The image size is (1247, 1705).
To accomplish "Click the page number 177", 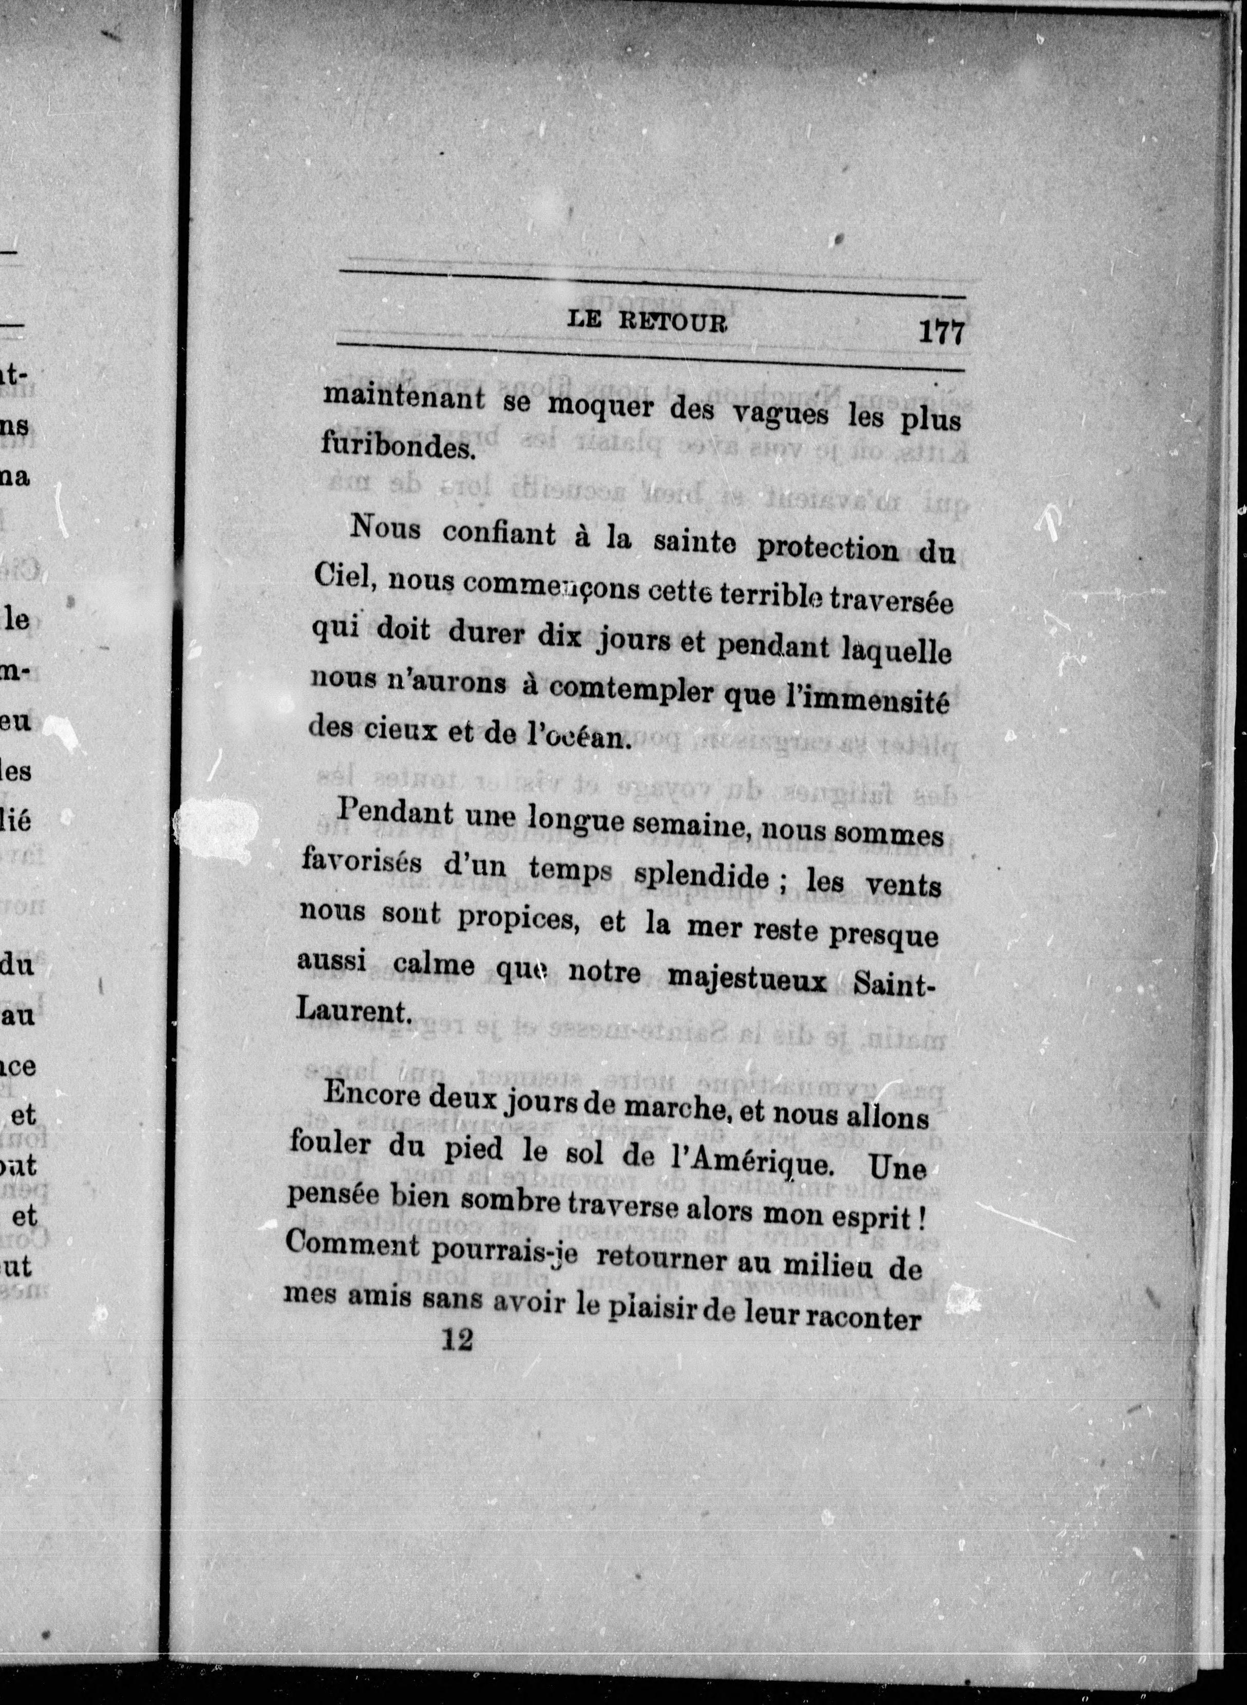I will pyautogui.click(x=941, y=332).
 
